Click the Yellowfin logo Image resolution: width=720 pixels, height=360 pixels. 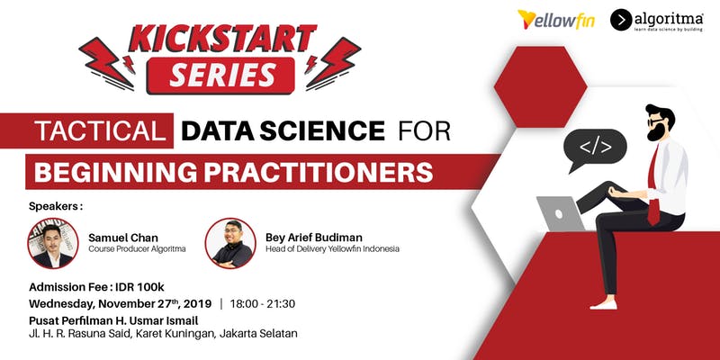coord(555,20)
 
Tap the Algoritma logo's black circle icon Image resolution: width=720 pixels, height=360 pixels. coord(621,20)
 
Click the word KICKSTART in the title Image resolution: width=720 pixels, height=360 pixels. coord(222,38)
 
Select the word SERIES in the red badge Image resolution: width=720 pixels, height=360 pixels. coord(222,75)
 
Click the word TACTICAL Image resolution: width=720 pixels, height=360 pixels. coord(100,130)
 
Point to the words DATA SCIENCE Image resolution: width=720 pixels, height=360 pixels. coord(283,130)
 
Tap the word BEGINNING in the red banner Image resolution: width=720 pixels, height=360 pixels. coord(116,172)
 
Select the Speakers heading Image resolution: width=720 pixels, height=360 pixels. coord(56,207)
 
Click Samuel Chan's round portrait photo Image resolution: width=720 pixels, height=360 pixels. coord(53,243)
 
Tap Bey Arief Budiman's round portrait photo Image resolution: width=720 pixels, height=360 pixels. coord(230,243)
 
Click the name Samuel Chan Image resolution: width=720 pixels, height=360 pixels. coord(123,238)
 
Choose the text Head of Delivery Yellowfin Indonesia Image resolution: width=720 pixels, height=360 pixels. coord(332,249)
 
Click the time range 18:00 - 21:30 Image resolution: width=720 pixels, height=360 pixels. coord(263,304)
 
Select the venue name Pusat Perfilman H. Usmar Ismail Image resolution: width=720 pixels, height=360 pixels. coord(114,320)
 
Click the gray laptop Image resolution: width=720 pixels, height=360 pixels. coord(561,213)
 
